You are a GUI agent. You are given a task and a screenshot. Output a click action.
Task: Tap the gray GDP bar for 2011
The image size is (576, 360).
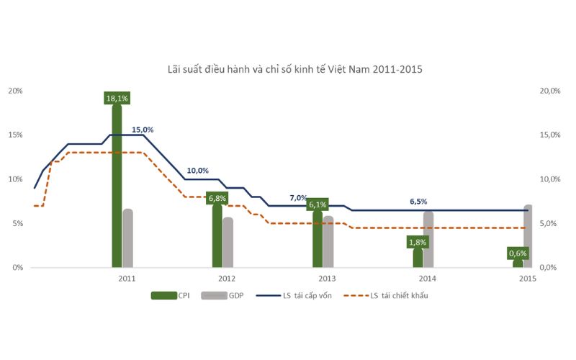coord(128,238)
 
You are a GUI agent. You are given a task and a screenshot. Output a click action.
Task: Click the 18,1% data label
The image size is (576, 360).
coord(117,98)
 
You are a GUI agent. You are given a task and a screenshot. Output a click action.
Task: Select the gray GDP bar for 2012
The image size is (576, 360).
coord(228,242)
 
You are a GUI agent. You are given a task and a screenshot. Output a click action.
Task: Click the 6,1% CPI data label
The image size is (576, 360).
coord(318,204)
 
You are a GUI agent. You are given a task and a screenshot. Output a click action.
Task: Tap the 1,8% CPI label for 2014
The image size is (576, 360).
coord(418,243)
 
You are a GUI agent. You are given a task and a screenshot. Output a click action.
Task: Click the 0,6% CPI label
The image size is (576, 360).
coord(518,253)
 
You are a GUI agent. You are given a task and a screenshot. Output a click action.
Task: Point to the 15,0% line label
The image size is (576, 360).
coord(143,130)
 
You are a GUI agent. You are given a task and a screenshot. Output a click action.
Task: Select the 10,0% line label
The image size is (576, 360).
coord(197,171)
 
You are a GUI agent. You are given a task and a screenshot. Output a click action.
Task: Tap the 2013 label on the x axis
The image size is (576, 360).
coord(327,278)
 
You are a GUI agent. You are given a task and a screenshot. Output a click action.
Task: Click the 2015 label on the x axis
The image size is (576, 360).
coord(527,278)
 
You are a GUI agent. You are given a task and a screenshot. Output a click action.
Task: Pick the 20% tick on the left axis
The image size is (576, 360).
coord(15,91)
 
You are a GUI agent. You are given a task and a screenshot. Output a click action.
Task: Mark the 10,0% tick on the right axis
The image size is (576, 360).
coord(550,179)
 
